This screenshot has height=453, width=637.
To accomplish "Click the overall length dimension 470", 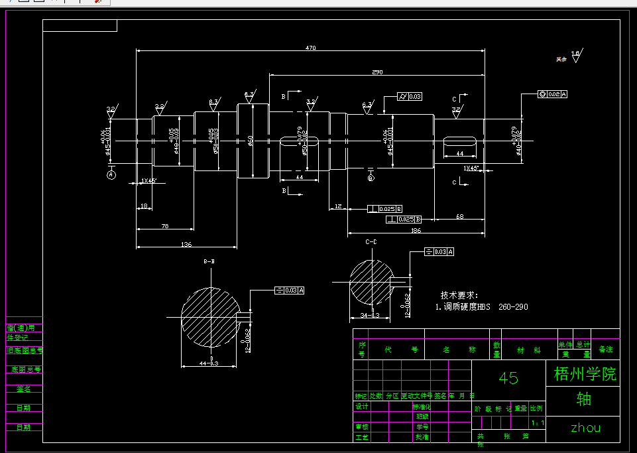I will [x=310, y=48].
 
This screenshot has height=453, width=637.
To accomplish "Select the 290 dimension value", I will [x=377, y=72].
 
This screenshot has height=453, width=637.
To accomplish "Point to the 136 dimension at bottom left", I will [x=186, y=245].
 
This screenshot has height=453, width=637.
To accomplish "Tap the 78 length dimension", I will [x=165, y=226].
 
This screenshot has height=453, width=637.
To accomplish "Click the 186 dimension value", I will [x=416, y=231].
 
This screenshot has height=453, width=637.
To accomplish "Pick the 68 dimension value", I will [x=459, y=216].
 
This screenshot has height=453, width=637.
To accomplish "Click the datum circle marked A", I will [x=111, y=174].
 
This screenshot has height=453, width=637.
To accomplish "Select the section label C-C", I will [x=371, y=243].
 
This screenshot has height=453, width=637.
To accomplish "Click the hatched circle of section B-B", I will [x=210, y=316].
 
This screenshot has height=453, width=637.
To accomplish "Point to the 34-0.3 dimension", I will [x=370, y=315].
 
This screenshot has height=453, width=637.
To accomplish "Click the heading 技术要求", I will [x=459, y=295].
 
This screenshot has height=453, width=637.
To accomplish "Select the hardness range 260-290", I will [x=513, y=307].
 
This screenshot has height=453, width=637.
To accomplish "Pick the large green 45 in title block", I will [x=508, y=377].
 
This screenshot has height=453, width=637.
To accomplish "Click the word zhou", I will [x=585, y=428].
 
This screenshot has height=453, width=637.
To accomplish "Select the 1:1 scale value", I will [x=537, y=422].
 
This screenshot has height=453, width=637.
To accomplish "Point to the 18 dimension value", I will [x=144, y=207].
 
